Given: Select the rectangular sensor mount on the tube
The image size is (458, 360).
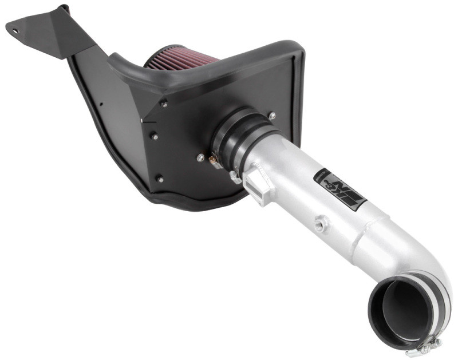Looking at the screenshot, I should tap(256, 186).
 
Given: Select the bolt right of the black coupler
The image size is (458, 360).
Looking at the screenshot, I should tap(272, 116).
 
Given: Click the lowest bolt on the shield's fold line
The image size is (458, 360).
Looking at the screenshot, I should tap(159, 178).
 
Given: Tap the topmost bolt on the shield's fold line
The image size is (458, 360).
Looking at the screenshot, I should tap(164, 104).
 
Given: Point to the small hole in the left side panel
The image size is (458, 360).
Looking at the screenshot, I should tap(101, 104).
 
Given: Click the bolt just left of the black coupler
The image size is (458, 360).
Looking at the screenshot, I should tap(200, 156).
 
